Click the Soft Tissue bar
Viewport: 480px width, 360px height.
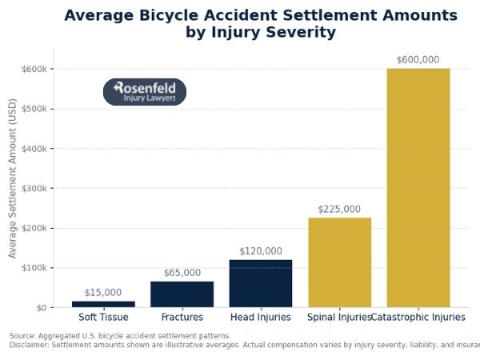click(x=103, y=304)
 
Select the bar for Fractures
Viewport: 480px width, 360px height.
click(x=182, y=294)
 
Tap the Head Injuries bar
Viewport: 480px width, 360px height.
click(x=261, y=283)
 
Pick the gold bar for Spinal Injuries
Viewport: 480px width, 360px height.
click(x=339, y=262)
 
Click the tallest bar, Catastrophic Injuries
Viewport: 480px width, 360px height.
click(x=418, y=188)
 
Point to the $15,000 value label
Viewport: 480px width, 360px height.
click(x=103, y=293)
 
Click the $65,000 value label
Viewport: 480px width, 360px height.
click(x=182, y=273)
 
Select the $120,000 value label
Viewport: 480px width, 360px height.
click(x=261, y=251)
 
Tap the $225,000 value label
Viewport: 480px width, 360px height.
click(x=339, y=209)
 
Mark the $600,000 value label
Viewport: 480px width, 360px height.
click(x=418, y=60)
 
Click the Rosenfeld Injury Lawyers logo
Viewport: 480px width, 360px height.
click(x=145, y=92)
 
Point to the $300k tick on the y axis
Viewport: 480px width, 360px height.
click(x=38, y=188)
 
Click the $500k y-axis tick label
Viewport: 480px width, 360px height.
click(x=38, y=109)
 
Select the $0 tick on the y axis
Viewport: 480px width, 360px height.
click(x=42, y=307)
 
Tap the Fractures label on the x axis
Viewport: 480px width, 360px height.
click(x=182, y=318)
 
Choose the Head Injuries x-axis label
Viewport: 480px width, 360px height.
click(x=261, y=318)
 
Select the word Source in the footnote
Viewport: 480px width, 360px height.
click(x=22, y=336)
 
